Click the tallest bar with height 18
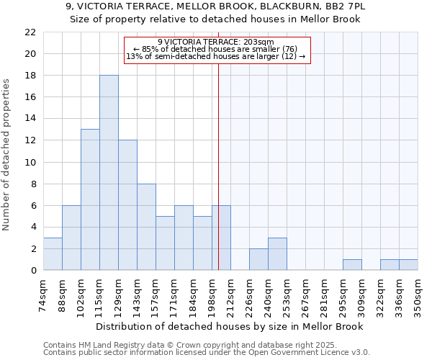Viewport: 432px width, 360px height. (x=109, y=173)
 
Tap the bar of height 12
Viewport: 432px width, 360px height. (x=127, y=205)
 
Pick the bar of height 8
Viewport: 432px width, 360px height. (x=146, y=227)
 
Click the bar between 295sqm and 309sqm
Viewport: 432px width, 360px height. (x=352, y=265)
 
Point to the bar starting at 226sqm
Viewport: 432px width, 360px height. (x=258, y=259)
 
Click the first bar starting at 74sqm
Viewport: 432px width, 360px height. (x=53, y=254)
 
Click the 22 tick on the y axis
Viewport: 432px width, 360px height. (x=30, y=32)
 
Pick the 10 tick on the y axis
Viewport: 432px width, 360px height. (x=30, y=162)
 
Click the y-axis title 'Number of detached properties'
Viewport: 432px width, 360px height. (x=6, y=155)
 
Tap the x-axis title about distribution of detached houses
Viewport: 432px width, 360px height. (x=230, y=327)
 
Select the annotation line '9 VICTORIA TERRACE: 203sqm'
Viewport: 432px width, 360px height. (x=216, y=42)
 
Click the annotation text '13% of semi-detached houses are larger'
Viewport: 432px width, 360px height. (x=216, y=56)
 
